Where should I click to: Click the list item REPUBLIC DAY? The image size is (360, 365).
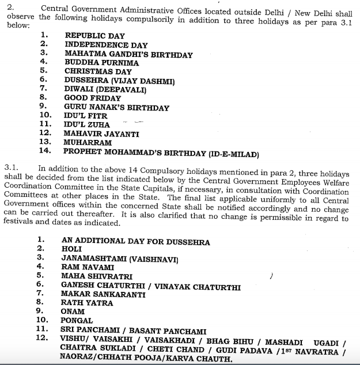pyautogui.click(x=94, y=36)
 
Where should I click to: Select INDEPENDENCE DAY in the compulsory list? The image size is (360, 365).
pyautogui.click(x=106, y=45)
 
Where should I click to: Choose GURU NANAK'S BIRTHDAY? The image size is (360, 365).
pyautogui.click(x=116, y=108)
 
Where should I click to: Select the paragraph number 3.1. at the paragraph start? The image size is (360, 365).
pyautogui.click(x=11, y=168)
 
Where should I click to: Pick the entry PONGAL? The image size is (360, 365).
pyautogui.click(x=77, y=320)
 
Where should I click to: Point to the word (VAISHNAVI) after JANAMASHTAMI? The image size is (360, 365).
pyautogui.click(x=154, y=258)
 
